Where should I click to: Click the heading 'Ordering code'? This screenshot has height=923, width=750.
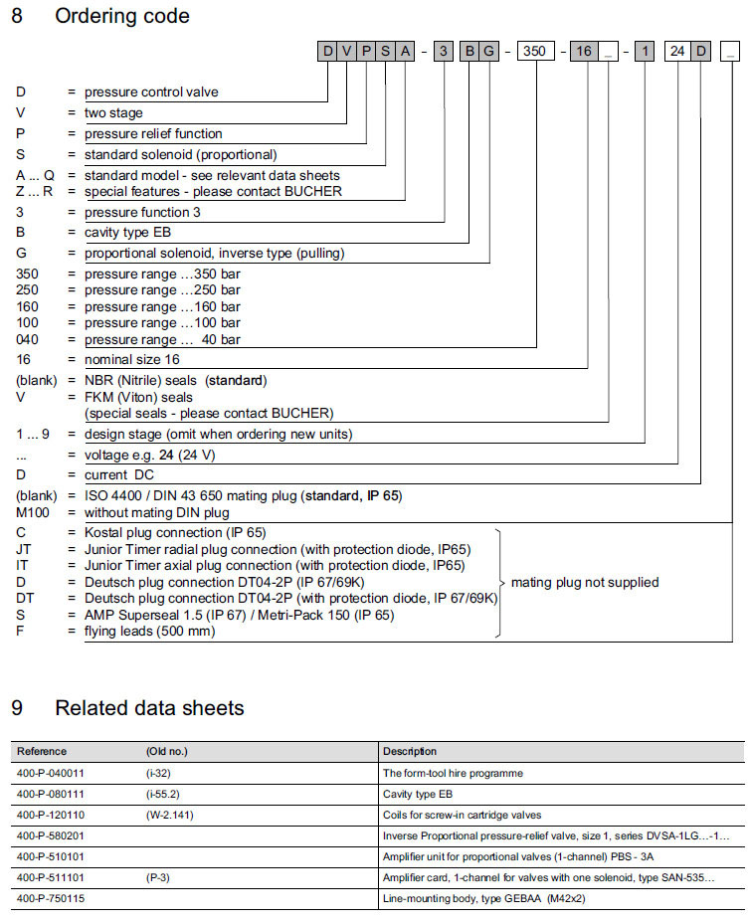pyautogui.click(x=122, y=16)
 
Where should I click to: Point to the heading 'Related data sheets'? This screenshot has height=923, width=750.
pyautogui.click(x=149, y=708)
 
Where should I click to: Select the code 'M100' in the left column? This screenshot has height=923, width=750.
pyautogui.click(x=33, y=512)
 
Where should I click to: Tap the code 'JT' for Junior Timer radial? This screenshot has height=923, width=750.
pyautogui.click(x=24, y=549)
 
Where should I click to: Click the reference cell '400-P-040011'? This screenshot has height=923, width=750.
pyautogui.click(x=52, y=773)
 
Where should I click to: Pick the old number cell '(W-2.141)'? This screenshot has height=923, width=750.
pyautogui.click(x=172, y=815)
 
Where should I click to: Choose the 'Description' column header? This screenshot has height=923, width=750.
pyautogui.click(x=410, y=752)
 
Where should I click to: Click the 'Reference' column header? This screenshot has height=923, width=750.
pyautogui.click(x=42, y=752)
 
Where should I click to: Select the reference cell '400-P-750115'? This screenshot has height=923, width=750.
pyautogui.click(x=52, y=898)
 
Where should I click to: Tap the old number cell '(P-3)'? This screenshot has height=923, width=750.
pyautogui.click(x=160, y=877)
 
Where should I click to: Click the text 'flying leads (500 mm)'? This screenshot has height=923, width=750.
pyautogui.click(x=149, y=631)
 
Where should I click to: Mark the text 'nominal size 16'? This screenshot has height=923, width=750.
pyautogui.click(x=132, y=359)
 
